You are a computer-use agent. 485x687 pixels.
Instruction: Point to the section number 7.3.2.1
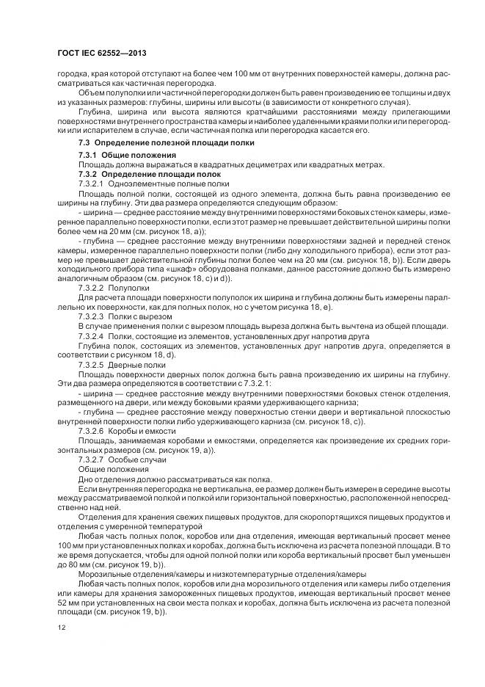coord(93,183)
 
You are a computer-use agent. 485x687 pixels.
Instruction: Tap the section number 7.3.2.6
coord(93,432)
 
